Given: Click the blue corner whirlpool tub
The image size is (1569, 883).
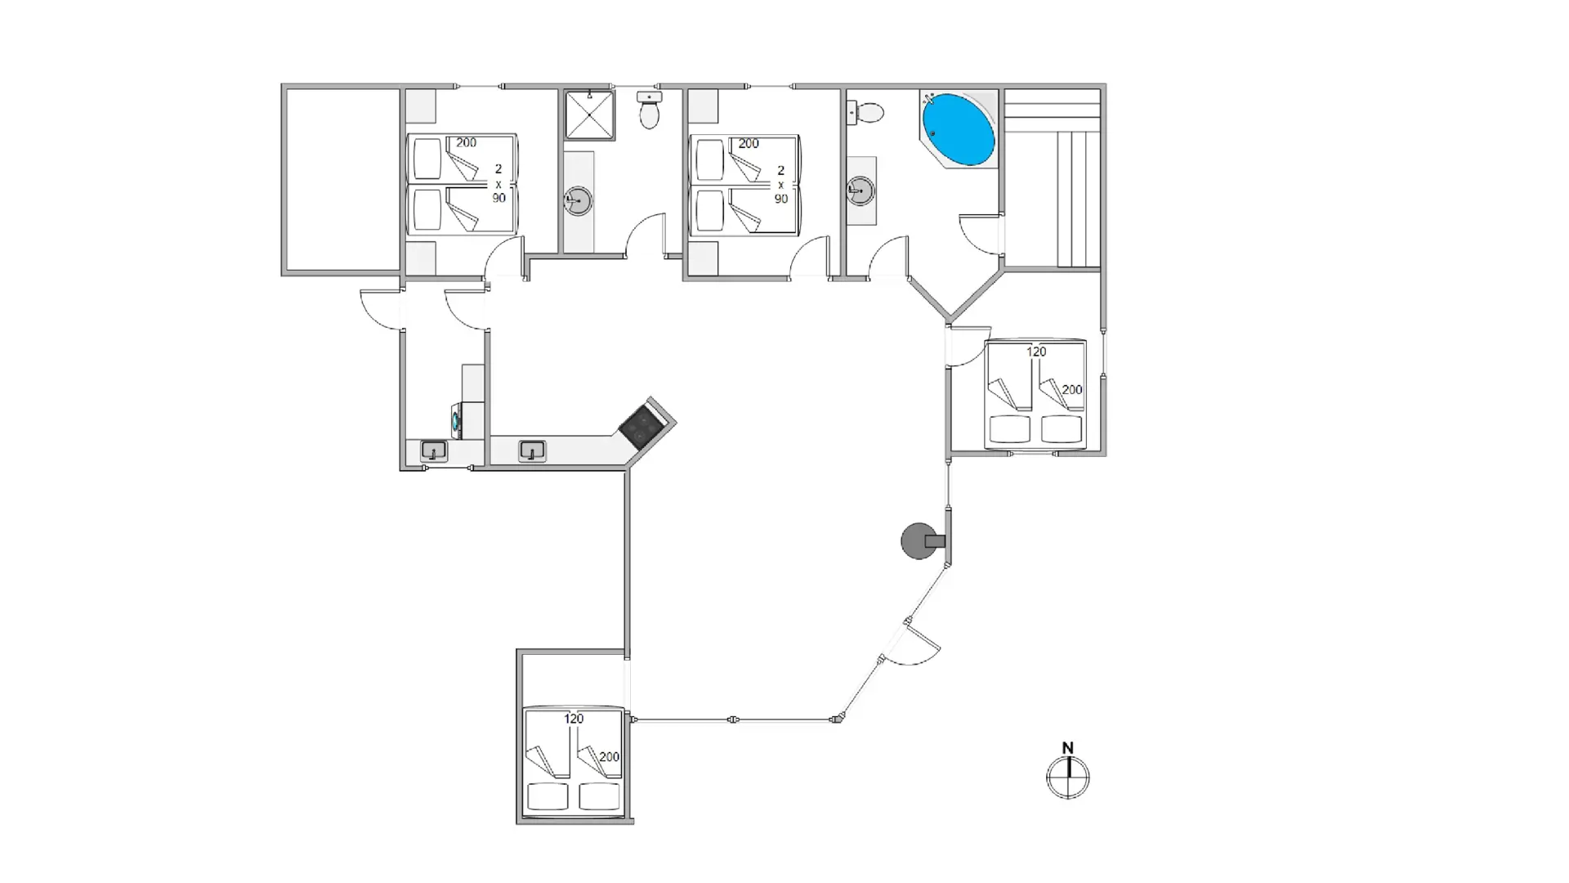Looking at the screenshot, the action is (959, 129).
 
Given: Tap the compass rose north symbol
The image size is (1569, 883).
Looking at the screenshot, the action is (1067, 777).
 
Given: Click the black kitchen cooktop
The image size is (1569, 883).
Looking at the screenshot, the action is (641, 427).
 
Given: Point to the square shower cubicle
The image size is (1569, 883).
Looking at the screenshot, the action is (589, 115).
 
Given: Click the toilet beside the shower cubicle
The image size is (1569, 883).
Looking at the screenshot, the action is (650, 110).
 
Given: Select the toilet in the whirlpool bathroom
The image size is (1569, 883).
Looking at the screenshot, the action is (865, 112).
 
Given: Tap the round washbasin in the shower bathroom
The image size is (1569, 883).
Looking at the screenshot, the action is (578, 200).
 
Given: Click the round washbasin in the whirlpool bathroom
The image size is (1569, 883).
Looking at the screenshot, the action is (860, 191).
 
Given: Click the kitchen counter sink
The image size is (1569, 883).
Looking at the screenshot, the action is (532, 450).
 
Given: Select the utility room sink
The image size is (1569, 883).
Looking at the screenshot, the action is (434, 451).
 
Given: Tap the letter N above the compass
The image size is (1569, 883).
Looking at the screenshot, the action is (1067, 747).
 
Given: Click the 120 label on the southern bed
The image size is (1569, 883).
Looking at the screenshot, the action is (574, 719).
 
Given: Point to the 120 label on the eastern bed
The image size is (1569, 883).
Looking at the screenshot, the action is (1036, 352).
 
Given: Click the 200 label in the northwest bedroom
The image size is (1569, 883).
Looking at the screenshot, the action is (466, 142).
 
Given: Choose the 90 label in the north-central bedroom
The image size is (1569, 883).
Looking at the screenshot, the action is (781, 199).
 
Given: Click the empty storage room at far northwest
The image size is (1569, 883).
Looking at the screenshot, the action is (342, 179).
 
